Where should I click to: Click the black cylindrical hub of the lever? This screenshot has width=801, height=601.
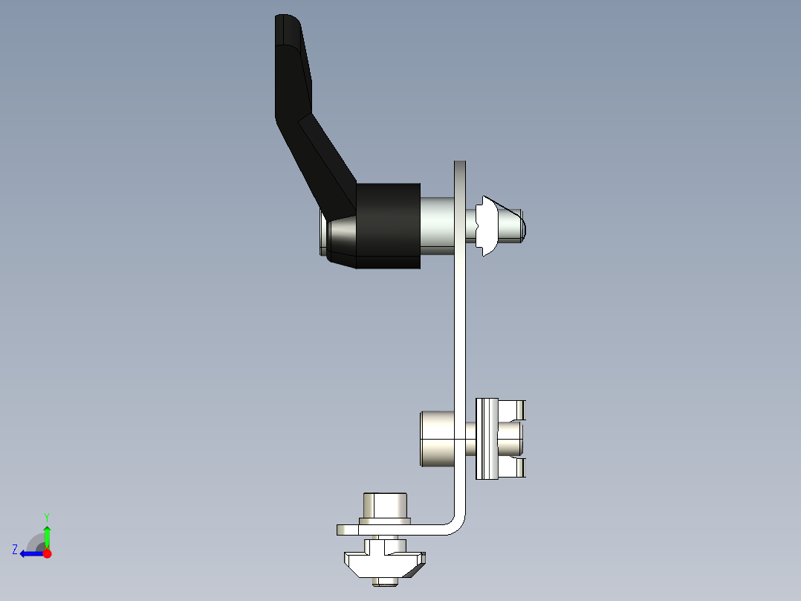pos(387,225)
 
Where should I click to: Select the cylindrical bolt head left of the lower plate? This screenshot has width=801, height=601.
pos(437,438)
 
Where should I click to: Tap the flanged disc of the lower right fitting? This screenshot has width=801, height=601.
pos(487,438)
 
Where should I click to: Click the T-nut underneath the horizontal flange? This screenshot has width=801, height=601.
pos(383,563)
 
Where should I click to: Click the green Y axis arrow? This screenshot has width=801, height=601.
pos(47,533)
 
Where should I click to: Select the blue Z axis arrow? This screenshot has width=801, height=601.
pos(30,553)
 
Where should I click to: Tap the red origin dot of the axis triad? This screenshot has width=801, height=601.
pos(47,553)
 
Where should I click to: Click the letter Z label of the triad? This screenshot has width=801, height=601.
pos(15,549)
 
